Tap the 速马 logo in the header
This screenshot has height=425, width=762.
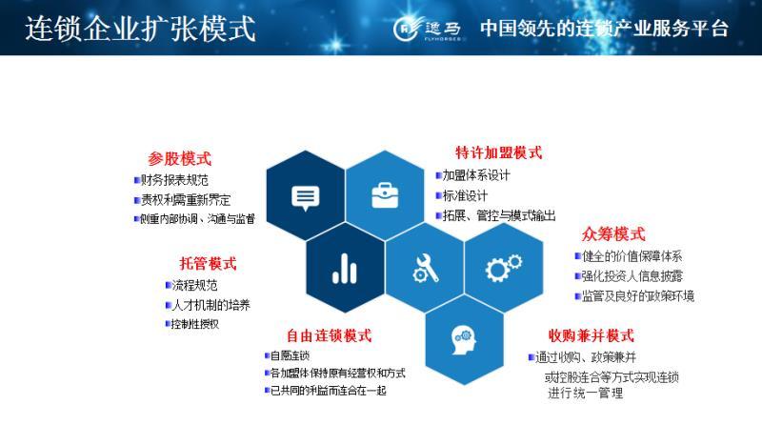[428, 28]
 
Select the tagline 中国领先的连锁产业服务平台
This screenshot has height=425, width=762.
[604, 28]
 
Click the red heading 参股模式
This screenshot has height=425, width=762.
[179, 159]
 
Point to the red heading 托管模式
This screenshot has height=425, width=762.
[208, 264]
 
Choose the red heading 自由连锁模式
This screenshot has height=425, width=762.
[329, 335]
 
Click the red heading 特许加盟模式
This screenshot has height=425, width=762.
[498, 152]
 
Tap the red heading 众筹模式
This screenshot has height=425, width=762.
[612, 234]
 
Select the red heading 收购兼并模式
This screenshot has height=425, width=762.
[591, 335]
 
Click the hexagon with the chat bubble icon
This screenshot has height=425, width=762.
[305, 196]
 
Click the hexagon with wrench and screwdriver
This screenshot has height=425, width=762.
[424, 269]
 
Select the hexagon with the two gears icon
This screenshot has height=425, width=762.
[503, 269]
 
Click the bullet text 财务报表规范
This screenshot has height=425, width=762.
[174, 180]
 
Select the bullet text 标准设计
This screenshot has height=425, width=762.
[467, 195]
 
